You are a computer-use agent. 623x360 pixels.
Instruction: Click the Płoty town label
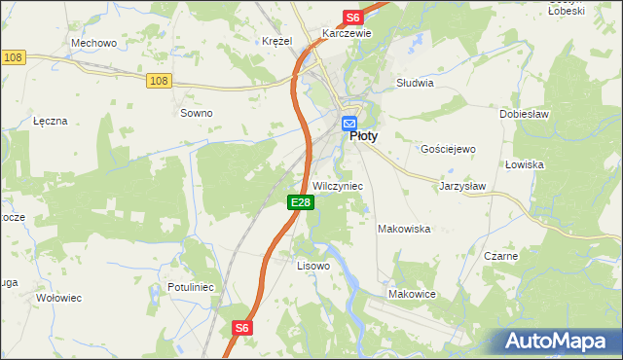(363, 137)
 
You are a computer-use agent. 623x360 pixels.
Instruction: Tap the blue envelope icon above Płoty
(349, 124)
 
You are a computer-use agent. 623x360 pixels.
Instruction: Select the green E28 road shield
(300, 202)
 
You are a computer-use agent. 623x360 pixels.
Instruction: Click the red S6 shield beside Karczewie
(352, 18)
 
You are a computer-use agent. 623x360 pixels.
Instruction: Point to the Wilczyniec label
(337, 186)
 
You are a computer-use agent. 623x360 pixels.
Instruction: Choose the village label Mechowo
(94, 43)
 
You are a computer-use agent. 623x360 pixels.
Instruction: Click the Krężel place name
(276, 41)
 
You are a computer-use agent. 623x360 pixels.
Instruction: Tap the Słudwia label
(415, 83)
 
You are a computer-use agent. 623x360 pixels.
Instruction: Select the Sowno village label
(196, 113)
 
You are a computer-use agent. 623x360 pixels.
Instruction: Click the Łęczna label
(50, 121)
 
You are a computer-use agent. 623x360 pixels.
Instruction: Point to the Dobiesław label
(526, 113)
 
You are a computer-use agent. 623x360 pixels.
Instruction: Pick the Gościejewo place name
(447, 149)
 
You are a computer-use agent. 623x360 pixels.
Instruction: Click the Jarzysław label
(461, 185)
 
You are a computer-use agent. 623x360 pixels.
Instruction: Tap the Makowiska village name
(404, 229)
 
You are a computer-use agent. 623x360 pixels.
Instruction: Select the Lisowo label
(312, 265)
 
